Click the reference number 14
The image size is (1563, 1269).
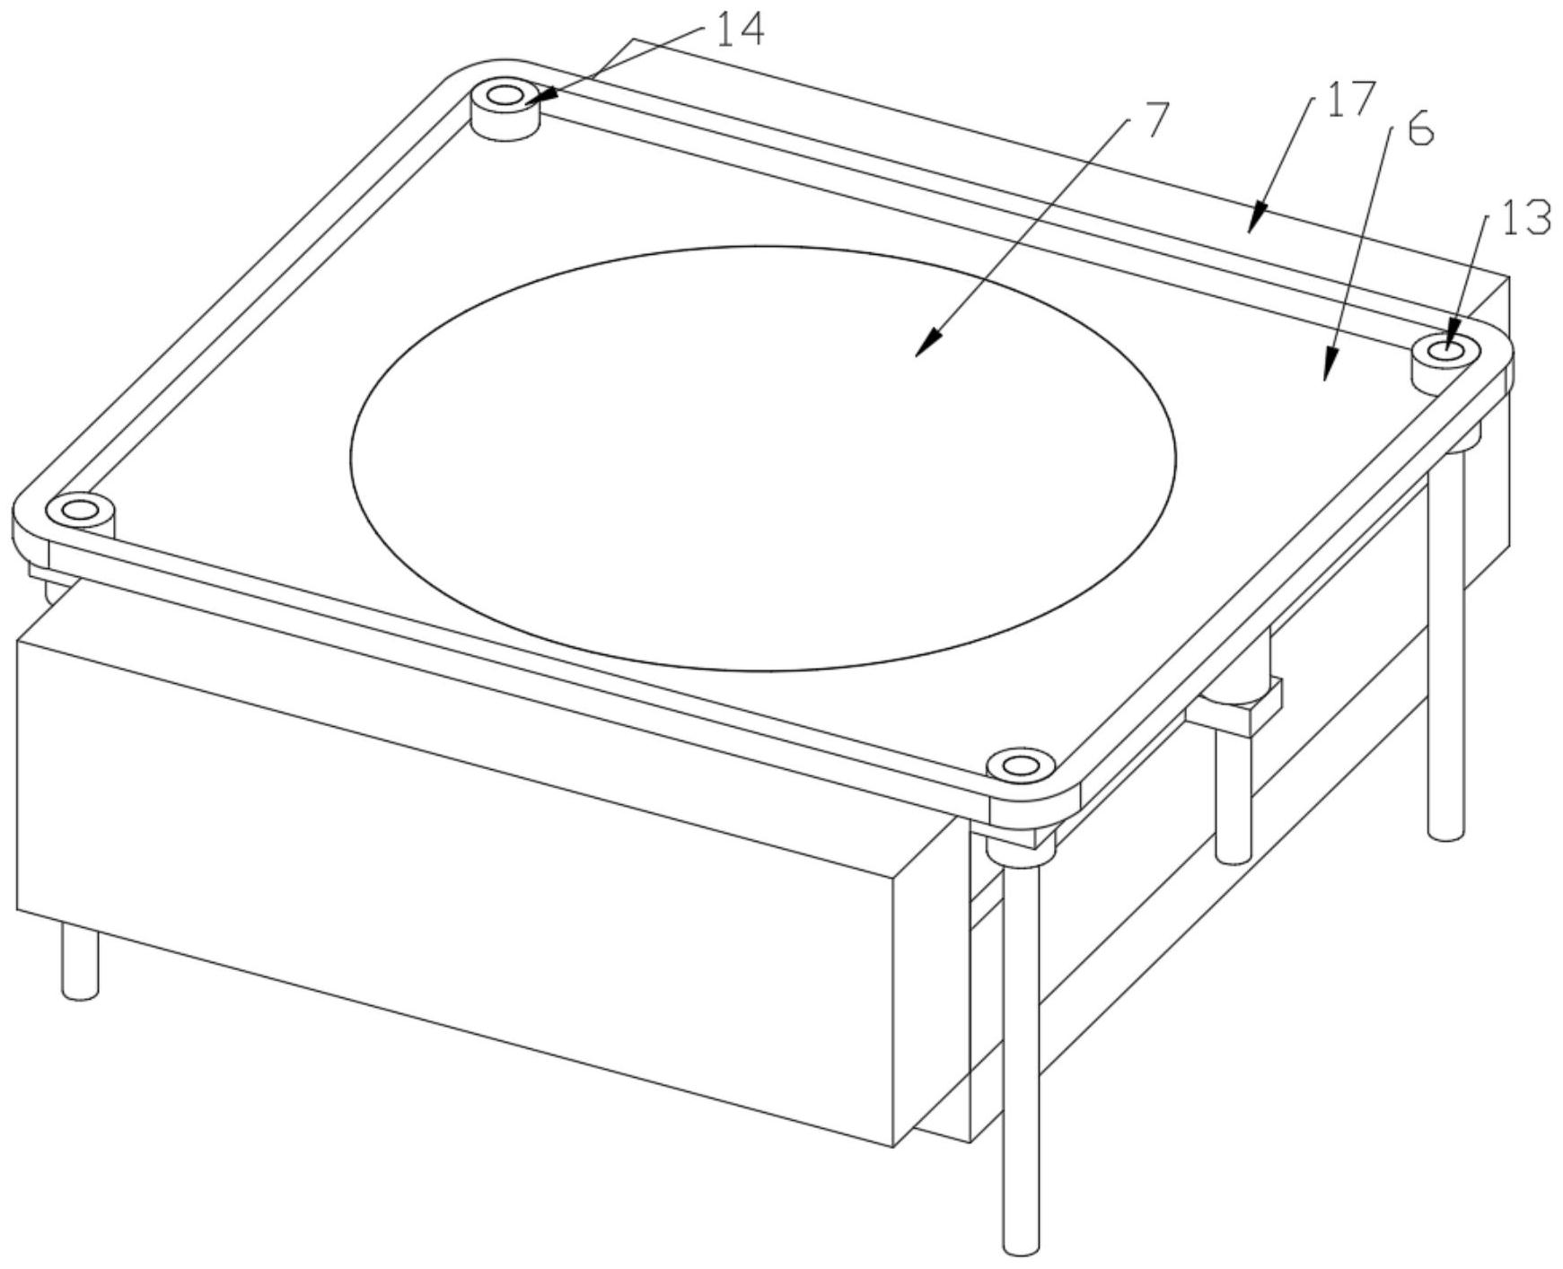click(x=740, y=29)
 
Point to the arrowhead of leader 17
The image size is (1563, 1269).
click(x=1254, y=221)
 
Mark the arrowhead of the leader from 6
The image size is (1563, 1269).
click(x=1328, y=372)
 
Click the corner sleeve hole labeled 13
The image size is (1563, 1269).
click(x=1444, y=350)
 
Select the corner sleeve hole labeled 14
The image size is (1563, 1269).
click(x=505, y=94)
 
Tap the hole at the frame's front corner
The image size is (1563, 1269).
click(x=1018, y=766)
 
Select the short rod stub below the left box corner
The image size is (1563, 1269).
click(x=80, y=965)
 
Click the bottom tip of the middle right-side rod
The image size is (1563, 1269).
click(x=1233, y=854)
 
